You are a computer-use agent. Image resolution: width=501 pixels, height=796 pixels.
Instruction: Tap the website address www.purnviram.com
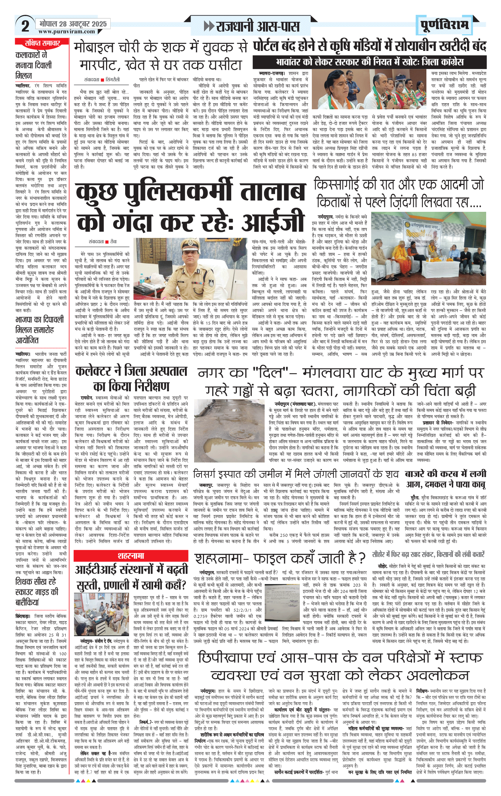[67, 31]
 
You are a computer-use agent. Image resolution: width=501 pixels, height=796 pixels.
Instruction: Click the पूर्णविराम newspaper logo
[444, 25]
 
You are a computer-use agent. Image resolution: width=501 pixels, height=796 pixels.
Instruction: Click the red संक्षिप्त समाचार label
[42, 43]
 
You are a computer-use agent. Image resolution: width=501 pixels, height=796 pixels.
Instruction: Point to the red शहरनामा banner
[131, 556]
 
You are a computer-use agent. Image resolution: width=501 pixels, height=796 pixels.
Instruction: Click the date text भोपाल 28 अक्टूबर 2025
[73, 24]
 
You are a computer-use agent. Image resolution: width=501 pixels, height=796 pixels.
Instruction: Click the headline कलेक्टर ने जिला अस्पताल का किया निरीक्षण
[131, 379]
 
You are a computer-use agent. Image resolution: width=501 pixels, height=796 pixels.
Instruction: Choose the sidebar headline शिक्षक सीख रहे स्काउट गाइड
[37, 592]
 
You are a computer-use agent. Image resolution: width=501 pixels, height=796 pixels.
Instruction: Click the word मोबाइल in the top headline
[94, 47]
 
